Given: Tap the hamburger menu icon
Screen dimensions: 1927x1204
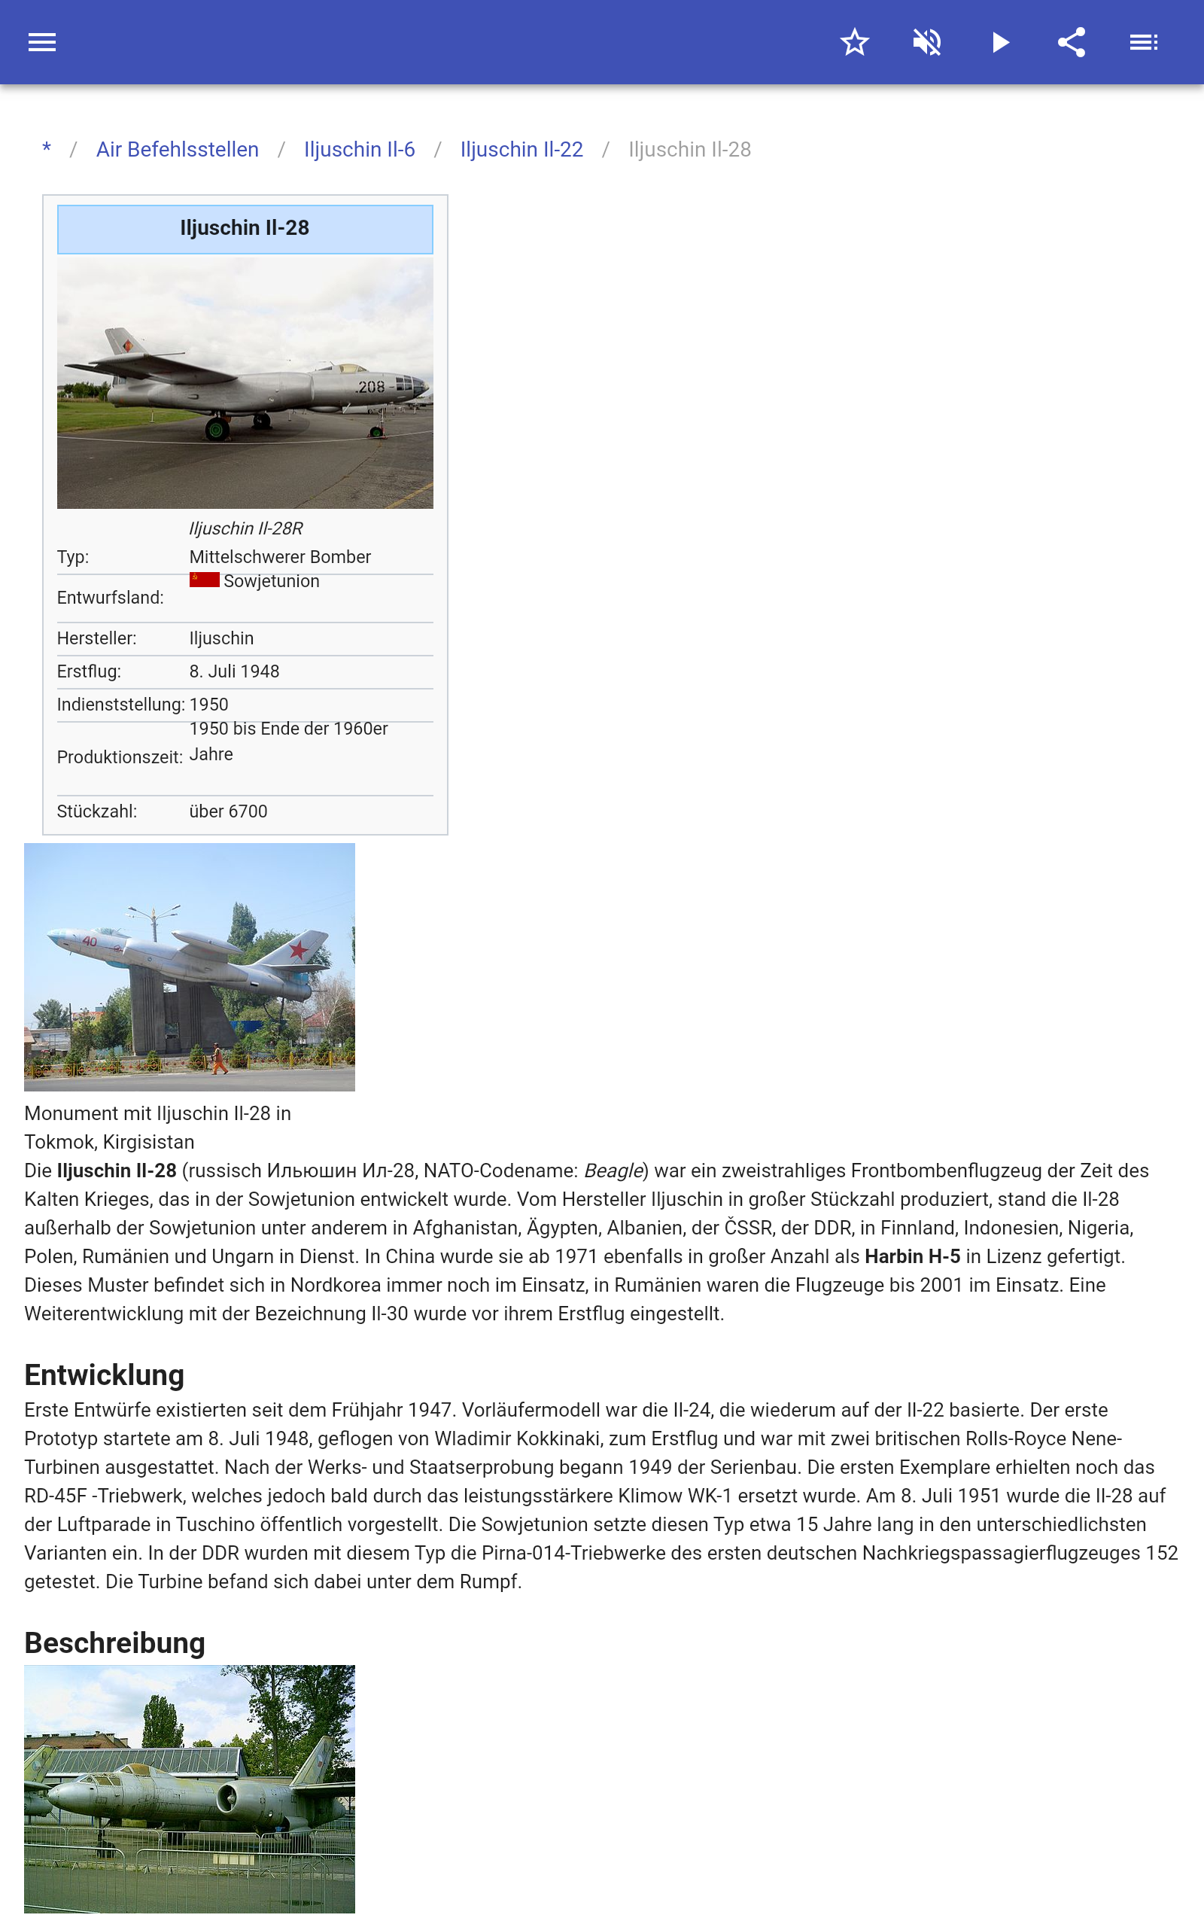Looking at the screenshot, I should [42, 42].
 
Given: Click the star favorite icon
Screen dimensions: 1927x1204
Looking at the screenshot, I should [854, 42].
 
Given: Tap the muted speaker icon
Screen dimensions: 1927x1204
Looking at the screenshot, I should [927, 42].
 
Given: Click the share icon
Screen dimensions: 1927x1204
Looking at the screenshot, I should [1071, 42].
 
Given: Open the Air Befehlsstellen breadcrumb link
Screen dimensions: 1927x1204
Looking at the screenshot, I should [177, 150].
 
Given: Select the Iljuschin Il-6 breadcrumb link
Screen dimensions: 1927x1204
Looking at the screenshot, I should [359, 150].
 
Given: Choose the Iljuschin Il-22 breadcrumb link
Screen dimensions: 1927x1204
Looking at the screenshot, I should [521, 150].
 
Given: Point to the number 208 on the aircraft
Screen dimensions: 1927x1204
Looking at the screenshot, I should [371, 387].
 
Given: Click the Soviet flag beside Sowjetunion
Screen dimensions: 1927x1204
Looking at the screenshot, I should [204, 580].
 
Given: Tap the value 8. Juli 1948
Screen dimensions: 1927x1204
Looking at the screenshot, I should [234, 671].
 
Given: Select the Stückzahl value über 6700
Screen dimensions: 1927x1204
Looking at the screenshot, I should [228, 811].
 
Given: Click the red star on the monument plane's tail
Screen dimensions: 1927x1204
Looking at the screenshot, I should [299, 948].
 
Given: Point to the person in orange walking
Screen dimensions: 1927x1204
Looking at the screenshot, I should [217, 1058].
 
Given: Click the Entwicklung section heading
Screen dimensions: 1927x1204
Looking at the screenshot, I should [105, 1375].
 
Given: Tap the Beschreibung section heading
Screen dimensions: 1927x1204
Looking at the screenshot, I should [114, 1642].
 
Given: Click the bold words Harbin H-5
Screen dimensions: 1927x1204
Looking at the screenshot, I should [912, 1256].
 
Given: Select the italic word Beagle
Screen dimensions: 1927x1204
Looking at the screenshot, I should [613, 1171].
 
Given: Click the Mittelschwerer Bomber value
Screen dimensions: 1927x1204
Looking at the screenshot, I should [279, 556].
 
